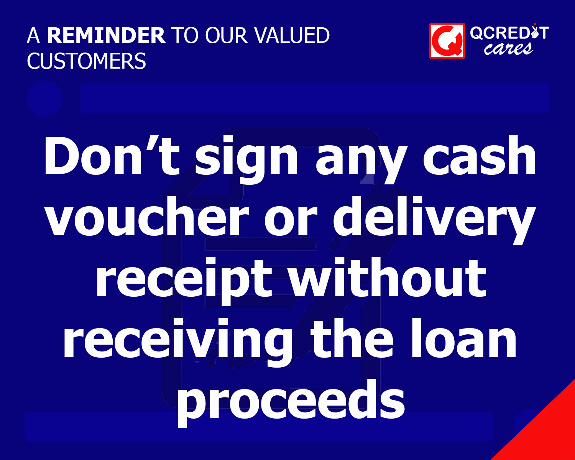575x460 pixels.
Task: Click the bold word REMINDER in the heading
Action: [106, 36]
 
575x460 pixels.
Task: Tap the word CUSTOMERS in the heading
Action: [87, 61]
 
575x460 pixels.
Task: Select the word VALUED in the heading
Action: [292, 36]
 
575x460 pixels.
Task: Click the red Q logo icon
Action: [447, 41]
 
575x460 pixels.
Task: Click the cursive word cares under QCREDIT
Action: [508, 49]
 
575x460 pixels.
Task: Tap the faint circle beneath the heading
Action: [45, 99]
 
